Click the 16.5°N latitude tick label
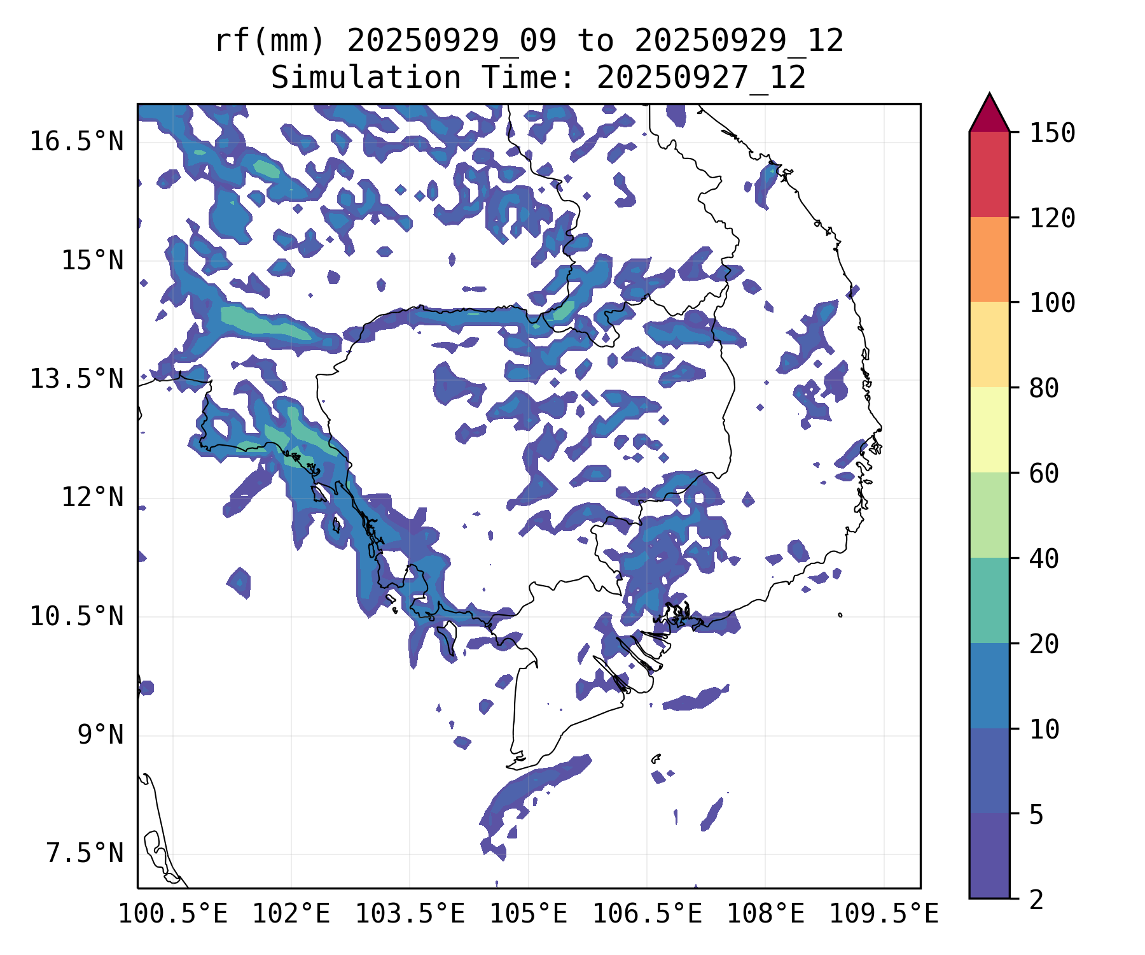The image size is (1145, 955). (x=76, y=141)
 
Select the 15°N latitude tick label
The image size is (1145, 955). (x=92, y=260)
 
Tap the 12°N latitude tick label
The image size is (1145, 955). (x=92, y=497)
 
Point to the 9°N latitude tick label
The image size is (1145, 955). (x=101, y=735)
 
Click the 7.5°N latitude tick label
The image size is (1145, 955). (x=85, y=853)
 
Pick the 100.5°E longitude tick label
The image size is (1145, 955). (x=173, y=914)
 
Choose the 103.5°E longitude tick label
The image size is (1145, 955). (x=410, y=914)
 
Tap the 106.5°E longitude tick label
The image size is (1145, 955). (x=647, y=914)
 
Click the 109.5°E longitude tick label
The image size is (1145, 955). (x=884, y=914)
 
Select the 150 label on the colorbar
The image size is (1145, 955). (x=1052, y=133)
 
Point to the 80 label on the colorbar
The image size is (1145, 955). (x=1044, y=388)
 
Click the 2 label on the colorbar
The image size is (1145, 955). (x=1036, y=900)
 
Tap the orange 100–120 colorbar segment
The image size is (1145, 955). (x=989, y=259)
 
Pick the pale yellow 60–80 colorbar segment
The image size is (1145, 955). (x=989, y=429)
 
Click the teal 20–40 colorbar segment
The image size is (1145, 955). (x=989, y=600)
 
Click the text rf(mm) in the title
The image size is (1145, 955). (x=270, y=41)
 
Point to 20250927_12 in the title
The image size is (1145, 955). (x=701, y=78)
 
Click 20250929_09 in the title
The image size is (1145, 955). (x=452, y=41)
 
